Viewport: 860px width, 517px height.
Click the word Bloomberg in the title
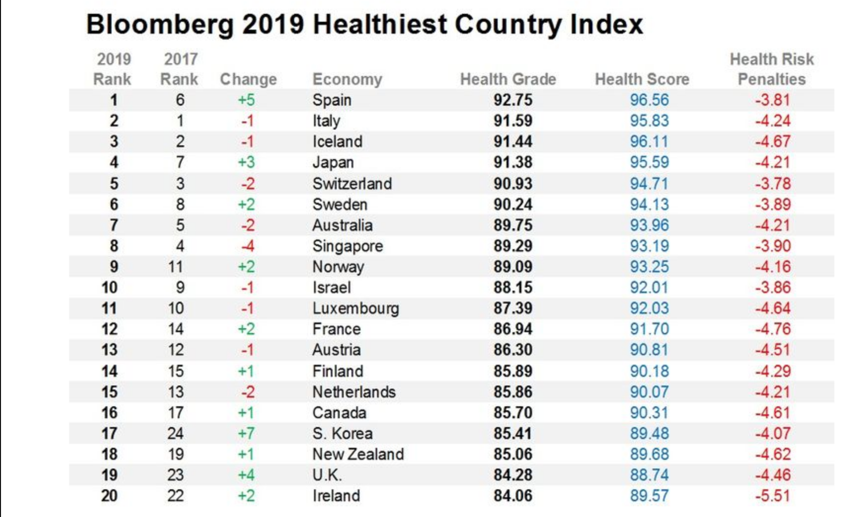159,25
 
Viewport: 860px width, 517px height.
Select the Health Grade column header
508,79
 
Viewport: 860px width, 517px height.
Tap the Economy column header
347,79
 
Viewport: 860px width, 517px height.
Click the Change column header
248,79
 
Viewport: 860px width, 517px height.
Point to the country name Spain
332,100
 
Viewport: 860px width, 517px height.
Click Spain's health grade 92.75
513,100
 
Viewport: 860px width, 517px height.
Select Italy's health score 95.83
649,121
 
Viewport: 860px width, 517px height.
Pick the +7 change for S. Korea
246,433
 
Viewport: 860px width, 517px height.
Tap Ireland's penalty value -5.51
773,496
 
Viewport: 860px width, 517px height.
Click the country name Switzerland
352,183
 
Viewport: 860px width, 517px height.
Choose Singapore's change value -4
247,246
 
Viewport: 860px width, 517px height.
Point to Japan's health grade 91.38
513,162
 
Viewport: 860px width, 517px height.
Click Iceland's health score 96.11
649,141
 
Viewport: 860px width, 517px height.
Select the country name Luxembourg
355,308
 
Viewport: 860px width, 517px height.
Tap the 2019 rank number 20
110,496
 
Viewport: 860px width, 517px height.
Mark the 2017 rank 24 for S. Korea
176,433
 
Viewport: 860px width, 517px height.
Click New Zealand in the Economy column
358,454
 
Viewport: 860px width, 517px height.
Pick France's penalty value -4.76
773,329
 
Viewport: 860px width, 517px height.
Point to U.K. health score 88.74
649,475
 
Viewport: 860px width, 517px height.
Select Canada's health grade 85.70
513,413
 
